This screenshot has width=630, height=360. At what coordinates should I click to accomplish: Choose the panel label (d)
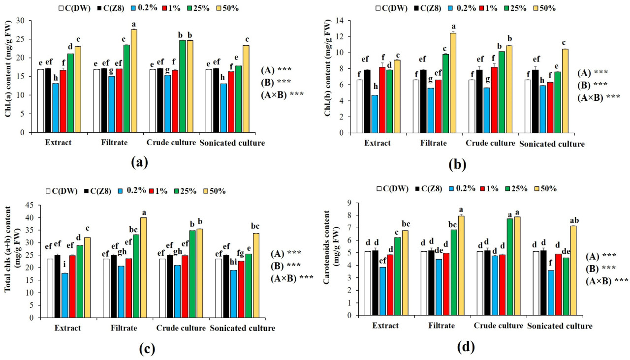[466, 347]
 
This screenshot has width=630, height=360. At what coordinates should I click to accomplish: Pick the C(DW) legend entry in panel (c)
[62, 191]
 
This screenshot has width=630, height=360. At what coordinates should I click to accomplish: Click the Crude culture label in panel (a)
[169, 143]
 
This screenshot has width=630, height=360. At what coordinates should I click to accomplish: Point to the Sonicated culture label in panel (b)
[552, 144]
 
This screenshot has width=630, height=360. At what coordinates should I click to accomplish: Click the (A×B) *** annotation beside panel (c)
[292, 278]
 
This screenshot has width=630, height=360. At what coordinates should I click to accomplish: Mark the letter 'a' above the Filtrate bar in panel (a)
[134, 25]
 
